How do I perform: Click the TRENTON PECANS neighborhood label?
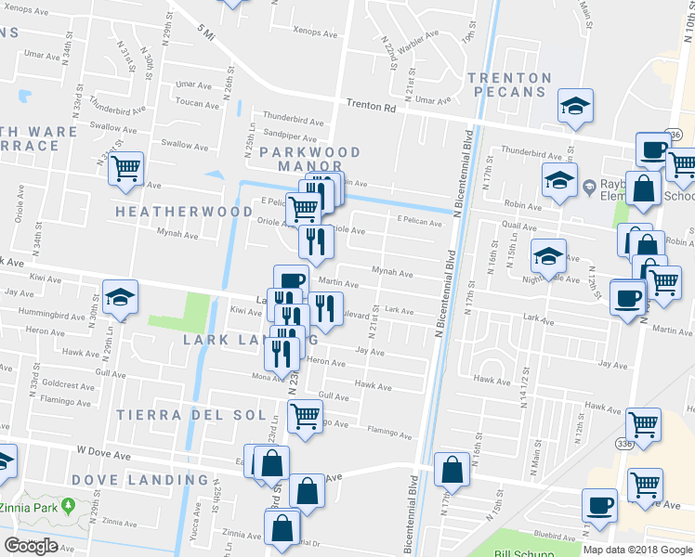tap(509, 85)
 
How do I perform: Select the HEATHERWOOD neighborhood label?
tap(184, 213)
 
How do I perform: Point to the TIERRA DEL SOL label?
tap(184, 415)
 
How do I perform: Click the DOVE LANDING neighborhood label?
tap(152, 480)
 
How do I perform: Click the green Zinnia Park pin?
tap(69, 506)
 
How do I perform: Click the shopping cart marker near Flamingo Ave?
tap(305, 418)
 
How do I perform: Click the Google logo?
tap(31, 546)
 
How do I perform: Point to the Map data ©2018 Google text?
tap(636, 550)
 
